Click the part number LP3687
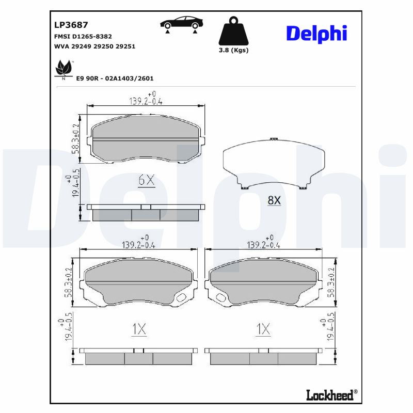71,25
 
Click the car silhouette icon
181,23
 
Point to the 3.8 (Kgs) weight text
233,50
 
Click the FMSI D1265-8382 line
83,36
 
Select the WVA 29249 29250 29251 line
94,46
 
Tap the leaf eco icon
63,68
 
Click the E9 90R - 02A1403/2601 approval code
115,78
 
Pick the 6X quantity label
147,180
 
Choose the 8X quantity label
274,200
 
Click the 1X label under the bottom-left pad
139,328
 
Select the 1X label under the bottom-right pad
263,328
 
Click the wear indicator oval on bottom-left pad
182,298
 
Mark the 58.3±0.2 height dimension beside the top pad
76,138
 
